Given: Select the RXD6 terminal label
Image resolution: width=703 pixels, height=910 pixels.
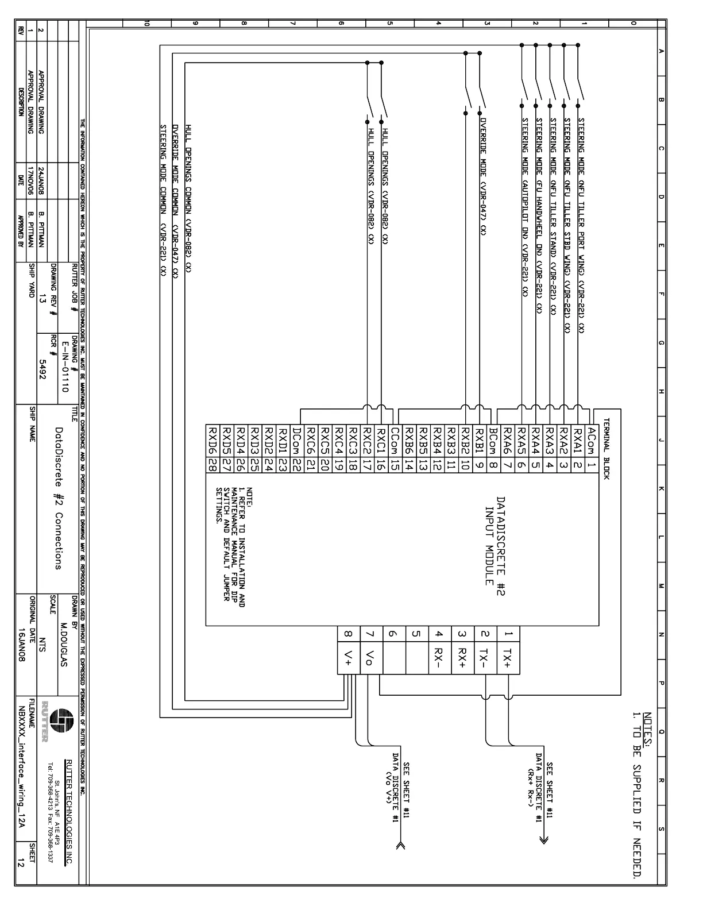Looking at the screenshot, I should [x=213, y=441].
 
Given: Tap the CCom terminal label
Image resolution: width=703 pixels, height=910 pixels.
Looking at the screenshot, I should [x=395, y=441].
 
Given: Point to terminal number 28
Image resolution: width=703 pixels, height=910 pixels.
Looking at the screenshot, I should [x=213, y=465].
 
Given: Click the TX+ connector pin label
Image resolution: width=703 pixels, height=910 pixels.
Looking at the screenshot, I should [x=508, y=658].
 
